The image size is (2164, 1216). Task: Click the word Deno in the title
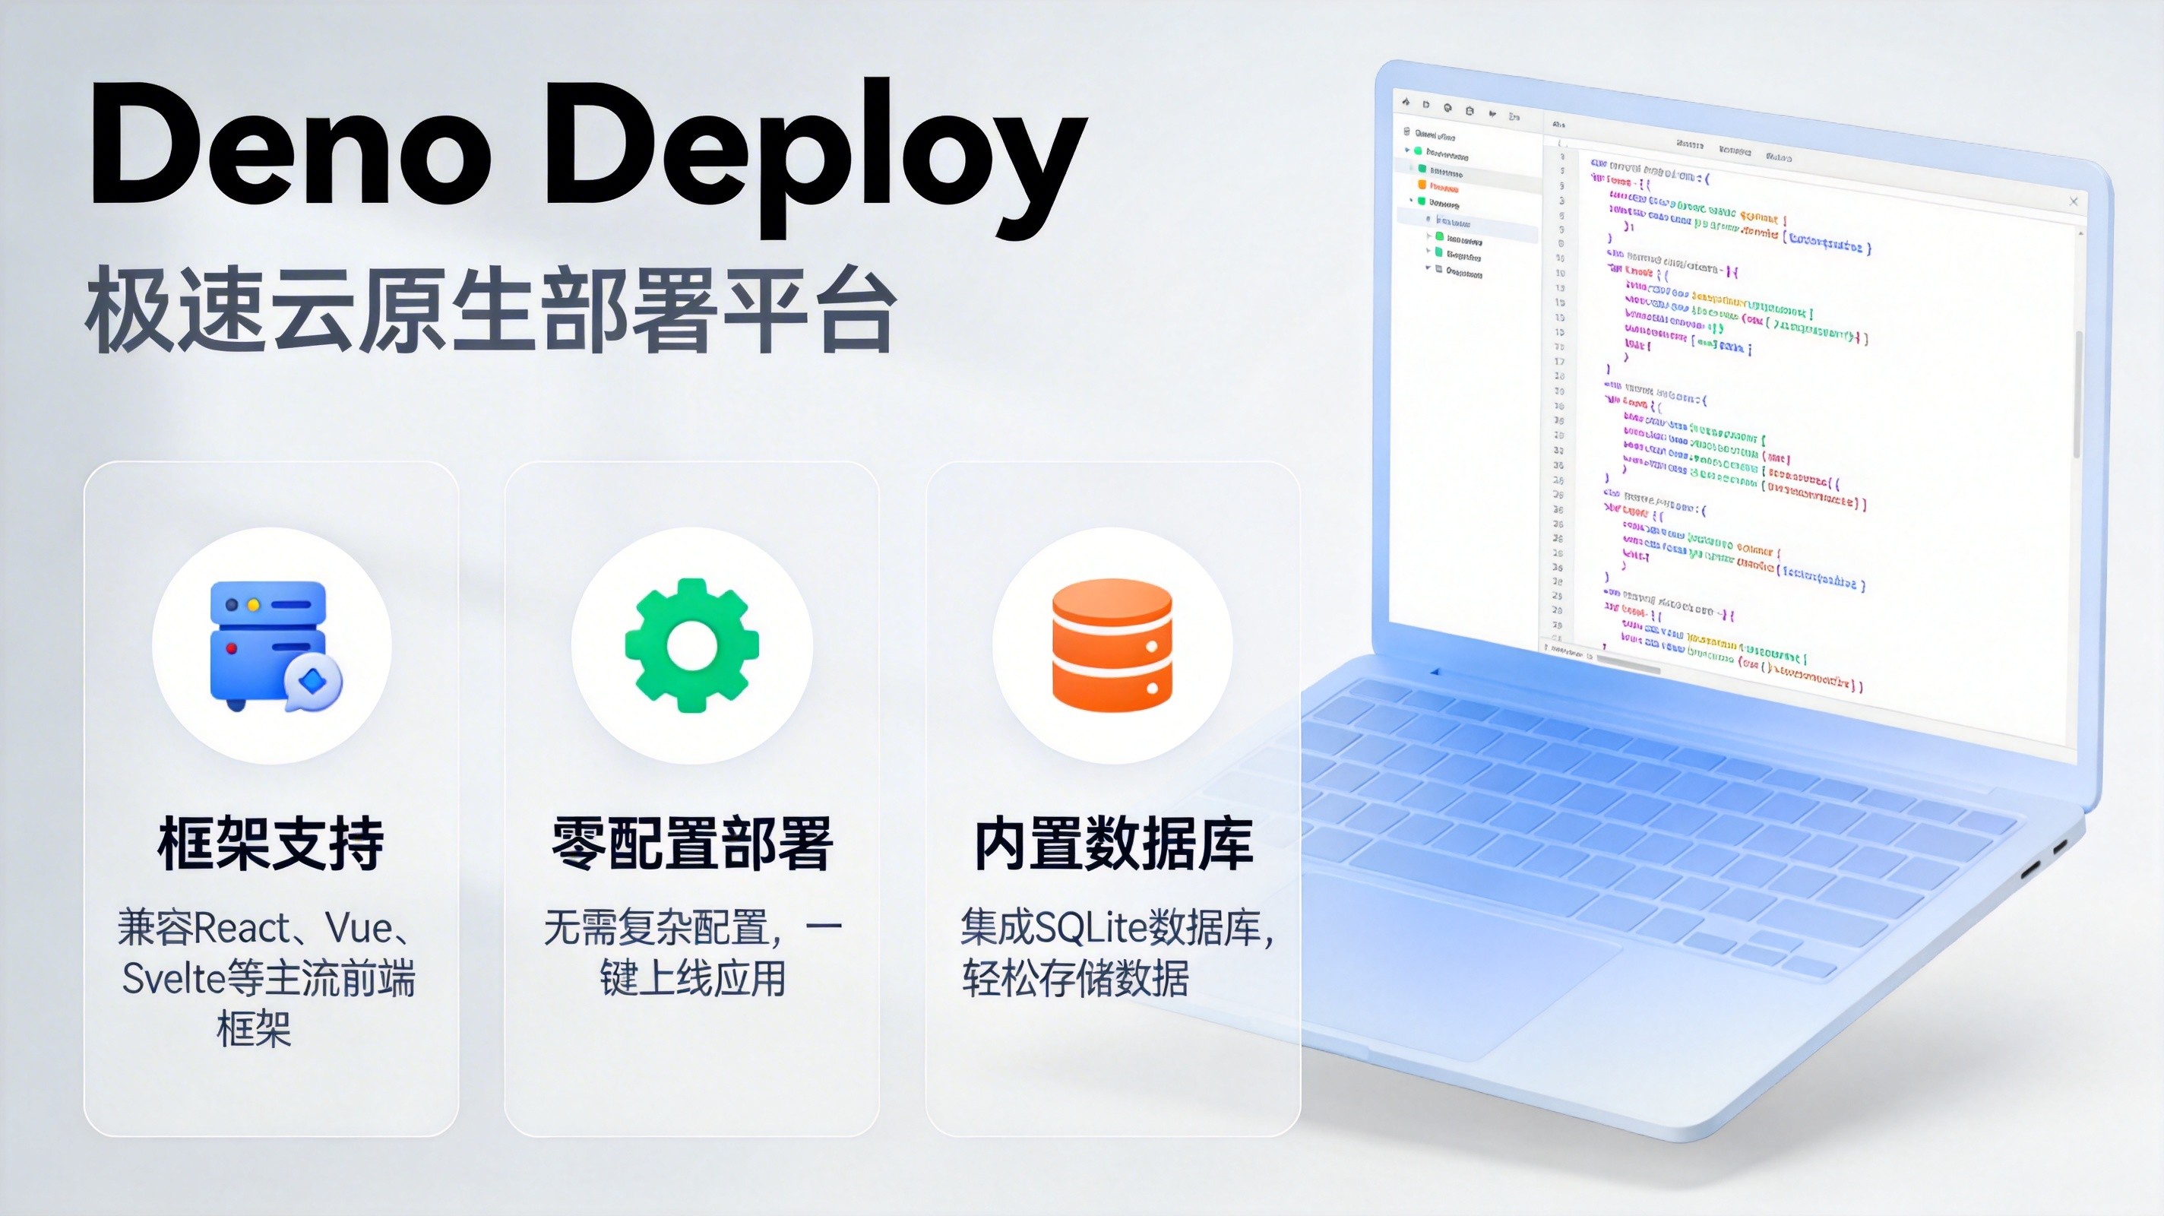(x=289, y=144)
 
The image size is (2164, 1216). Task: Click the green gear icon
(x=691, y=645)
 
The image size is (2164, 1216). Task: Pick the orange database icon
(x=1112, y=645)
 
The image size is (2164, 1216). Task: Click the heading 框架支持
(x=270, y=844)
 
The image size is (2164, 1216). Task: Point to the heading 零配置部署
(x=691, y=844)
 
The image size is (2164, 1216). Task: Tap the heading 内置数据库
(x=1113, y=844)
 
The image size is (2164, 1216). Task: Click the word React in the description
(x=242, y=929)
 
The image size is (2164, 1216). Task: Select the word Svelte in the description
(x=174, y=979)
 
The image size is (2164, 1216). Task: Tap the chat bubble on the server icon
(x=312, y=682)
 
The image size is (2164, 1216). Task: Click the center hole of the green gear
(x=691, y=645)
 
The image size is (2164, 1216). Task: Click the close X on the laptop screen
(x=2074, y=201)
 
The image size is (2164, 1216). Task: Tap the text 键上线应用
(x=691, y=979)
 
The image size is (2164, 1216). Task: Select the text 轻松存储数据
(x=1075, y=979)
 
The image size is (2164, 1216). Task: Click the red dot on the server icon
(x=232, y=649)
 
